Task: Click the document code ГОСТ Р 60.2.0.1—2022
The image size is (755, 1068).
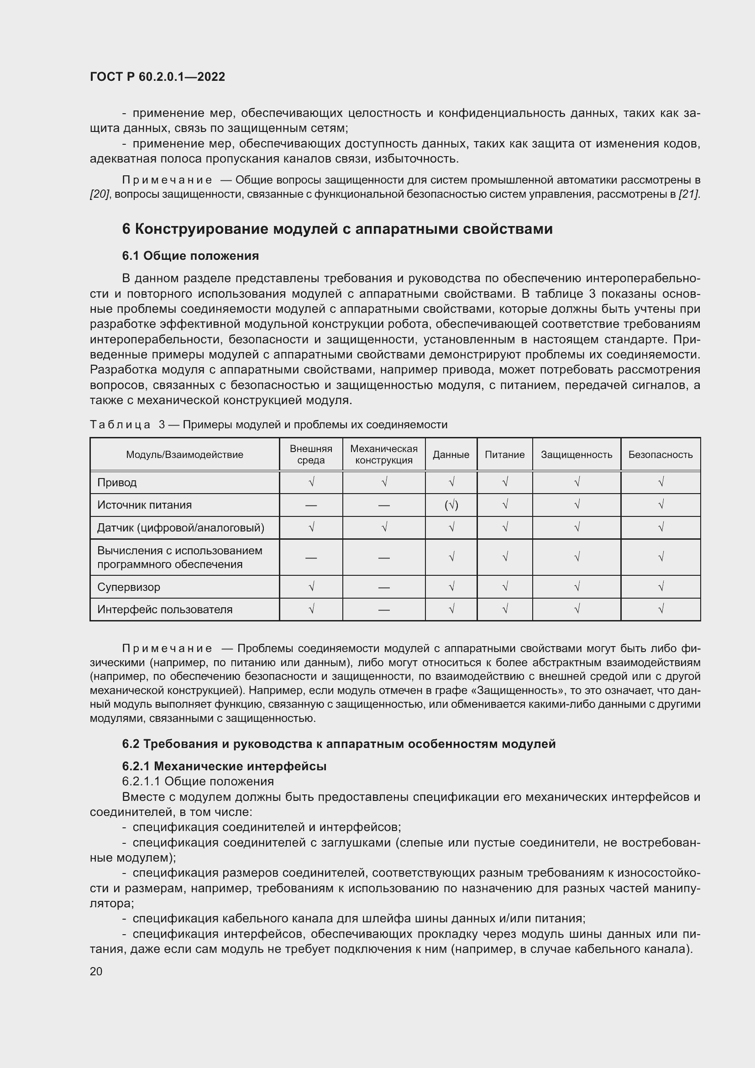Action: (157, 77)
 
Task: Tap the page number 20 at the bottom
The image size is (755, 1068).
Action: (96, 971)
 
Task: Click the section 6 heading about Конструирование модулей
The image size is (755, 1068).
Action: (337, 229)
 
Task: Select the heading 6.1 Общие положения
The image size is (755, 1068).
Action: (190, 256)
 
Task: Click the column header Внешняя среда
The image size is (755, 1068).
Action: (310, 454)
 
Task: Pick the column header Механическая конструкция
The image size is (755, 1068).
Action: (383, 454)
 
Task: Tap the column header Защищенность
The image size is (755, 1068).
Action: (576, 454)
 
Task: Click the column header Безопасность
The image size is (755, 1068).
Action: (660, 454)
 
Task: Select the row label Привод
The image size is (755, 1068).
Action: (117, 482)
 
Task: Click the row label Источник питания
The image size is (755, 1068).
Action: (144, 505)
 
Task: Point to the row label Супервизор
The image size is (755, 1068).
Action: (128, 587)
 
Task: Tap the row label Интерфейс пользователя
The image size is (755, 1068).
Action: (165, 610)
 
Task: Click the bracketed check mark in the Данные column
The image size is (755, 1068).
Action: (451, 505)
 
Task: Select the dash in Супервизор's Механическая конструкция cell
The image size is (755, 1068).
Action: (383, 588)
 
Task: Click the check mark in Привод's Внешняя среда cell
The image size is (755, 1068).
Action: (311, 482)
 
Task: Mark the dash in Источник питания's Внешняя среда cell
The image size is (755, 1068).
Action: (310, 505)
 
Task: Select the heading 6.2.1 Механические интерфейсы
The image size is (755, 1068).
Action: (224, 766)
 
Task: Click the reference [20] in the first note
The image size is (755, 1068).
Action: (99, 194)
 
